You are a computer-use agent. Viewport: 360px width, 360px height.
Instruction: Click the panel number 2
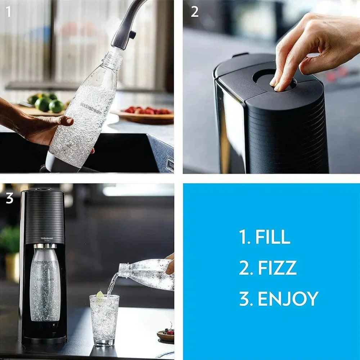tap(194, 12)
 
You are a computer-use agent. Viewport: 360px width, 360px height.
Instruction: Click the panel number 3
tap(9, 198)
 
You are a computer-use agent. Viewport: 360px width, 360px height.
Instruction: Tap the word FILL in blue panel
tap(273, 237)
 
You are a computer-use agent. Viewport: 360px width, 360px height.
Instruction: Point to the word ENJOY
tap(287, 298)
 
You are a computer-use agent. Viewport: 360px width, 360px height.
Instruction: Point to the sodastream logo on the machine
tap(46, 238)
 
